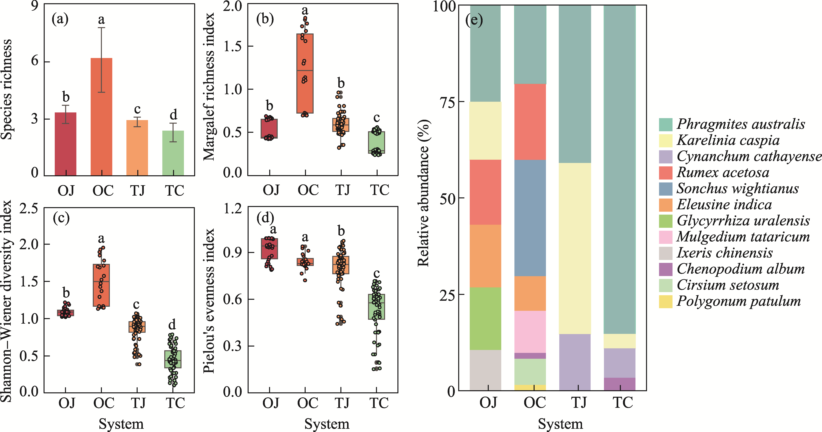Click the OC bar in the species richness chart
click(102, 117)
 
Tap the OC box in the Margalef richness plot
click(305, 73)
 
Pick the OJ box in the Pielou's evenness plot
click(269, 249)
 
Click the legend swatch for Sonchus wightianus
click(666, 189)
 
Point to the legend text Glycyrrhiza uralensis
click(743, 221)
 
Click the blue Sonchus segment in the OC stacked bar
click(530, 218)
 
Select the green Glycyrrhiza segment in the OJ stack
click(485, 319)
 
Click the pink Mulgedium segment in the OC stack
click(530, 332)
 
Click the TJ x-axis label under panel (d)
click(342, 403)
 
